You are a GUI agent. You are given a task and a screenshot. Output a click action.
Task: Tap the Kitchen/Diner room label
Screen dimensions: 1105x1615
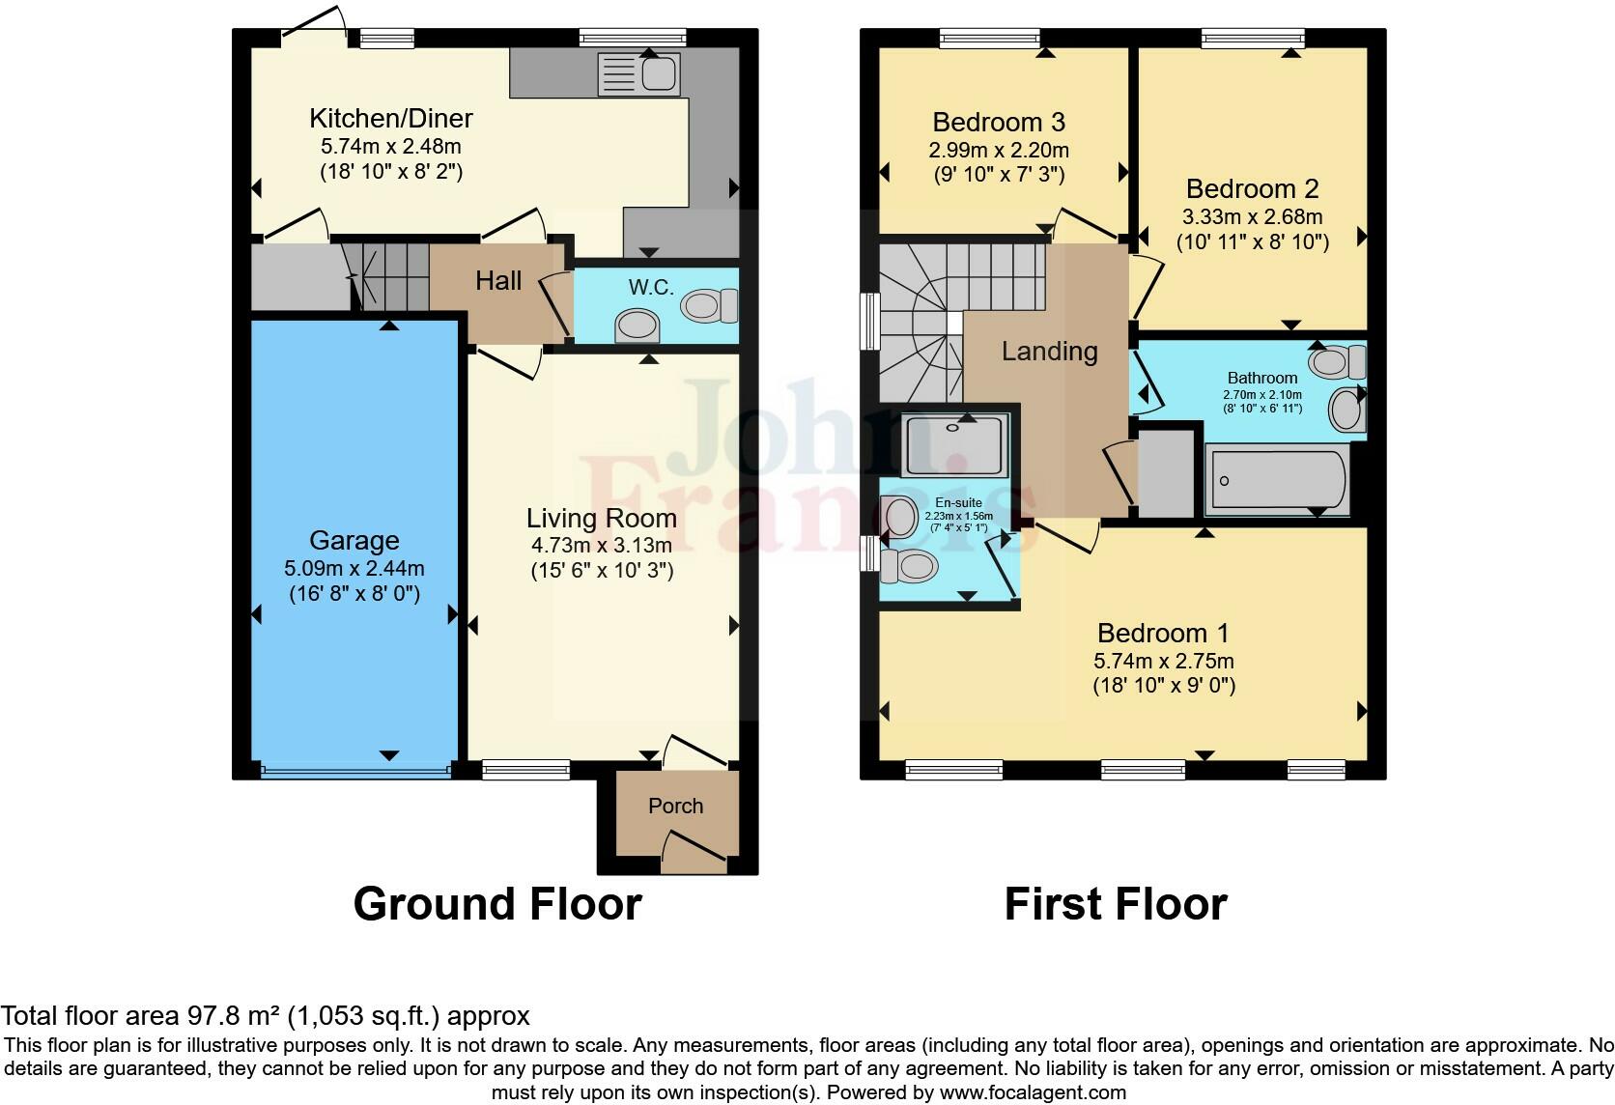point(391,119)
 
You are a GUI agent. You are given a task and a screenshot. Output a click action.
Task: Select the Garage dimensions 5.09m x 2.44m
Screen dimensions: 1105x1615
point(354,568)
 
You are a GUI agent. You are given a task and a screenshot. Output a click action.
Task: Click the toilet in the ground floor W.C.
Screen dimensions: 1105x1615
point(710,307)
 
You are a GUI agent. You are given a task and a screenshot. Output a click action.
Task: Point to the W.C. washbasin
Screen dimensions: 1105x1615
point(637,326)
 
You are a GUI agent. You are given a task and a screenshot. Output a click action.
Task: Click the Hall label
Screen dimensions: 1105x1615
point(498,281)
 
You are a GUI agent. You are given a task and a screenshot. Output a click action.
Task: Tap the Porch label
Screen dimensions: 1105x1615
point(675,806)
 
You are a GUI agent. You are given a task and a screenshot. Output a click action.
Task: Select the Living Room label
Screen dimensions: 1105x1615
point(601,519)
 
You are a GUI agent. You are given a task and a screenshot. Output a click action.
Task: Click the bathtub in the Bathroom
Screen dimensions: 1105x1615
point(1277,480)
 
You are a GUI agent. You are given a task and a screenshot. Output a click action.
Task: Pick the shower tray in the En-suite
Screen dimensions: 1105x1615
point(955,444)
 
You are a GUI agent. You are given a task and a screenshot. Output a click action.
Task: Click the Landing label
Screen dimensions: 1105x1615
point(1049,352)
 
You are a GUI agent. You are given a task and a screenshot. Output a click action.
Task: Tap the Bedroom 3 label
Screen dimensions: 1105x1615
point(999,123)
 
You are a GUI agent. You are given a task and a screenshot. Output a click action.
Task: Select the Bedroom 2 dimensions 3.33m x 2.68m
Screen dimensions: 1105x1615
point(1253,217)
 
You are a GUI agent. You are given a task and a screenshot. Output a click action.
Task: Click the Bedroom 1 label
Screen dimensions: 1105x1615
point(1163,634)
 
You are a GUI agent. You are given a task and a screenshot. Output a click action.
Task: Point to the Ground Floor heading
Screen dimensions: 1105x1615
point(497,904)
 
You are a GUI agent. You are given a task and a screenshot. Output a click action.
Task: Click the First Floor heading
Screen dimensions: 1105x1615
point(1116,904)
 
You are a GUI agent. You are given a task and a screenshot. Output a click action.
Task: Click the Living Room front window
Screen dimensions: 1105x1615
point(525,770)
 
